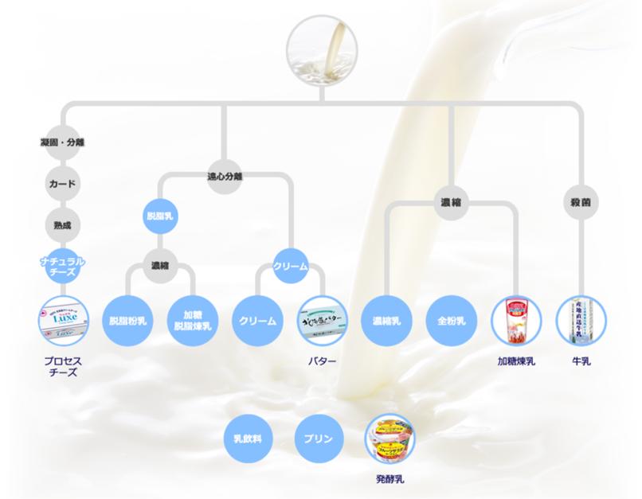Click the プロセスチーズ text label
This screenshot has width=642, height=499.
coord(62,367)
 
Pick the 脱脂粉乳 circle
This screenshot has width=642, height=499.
coord(128,321)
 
